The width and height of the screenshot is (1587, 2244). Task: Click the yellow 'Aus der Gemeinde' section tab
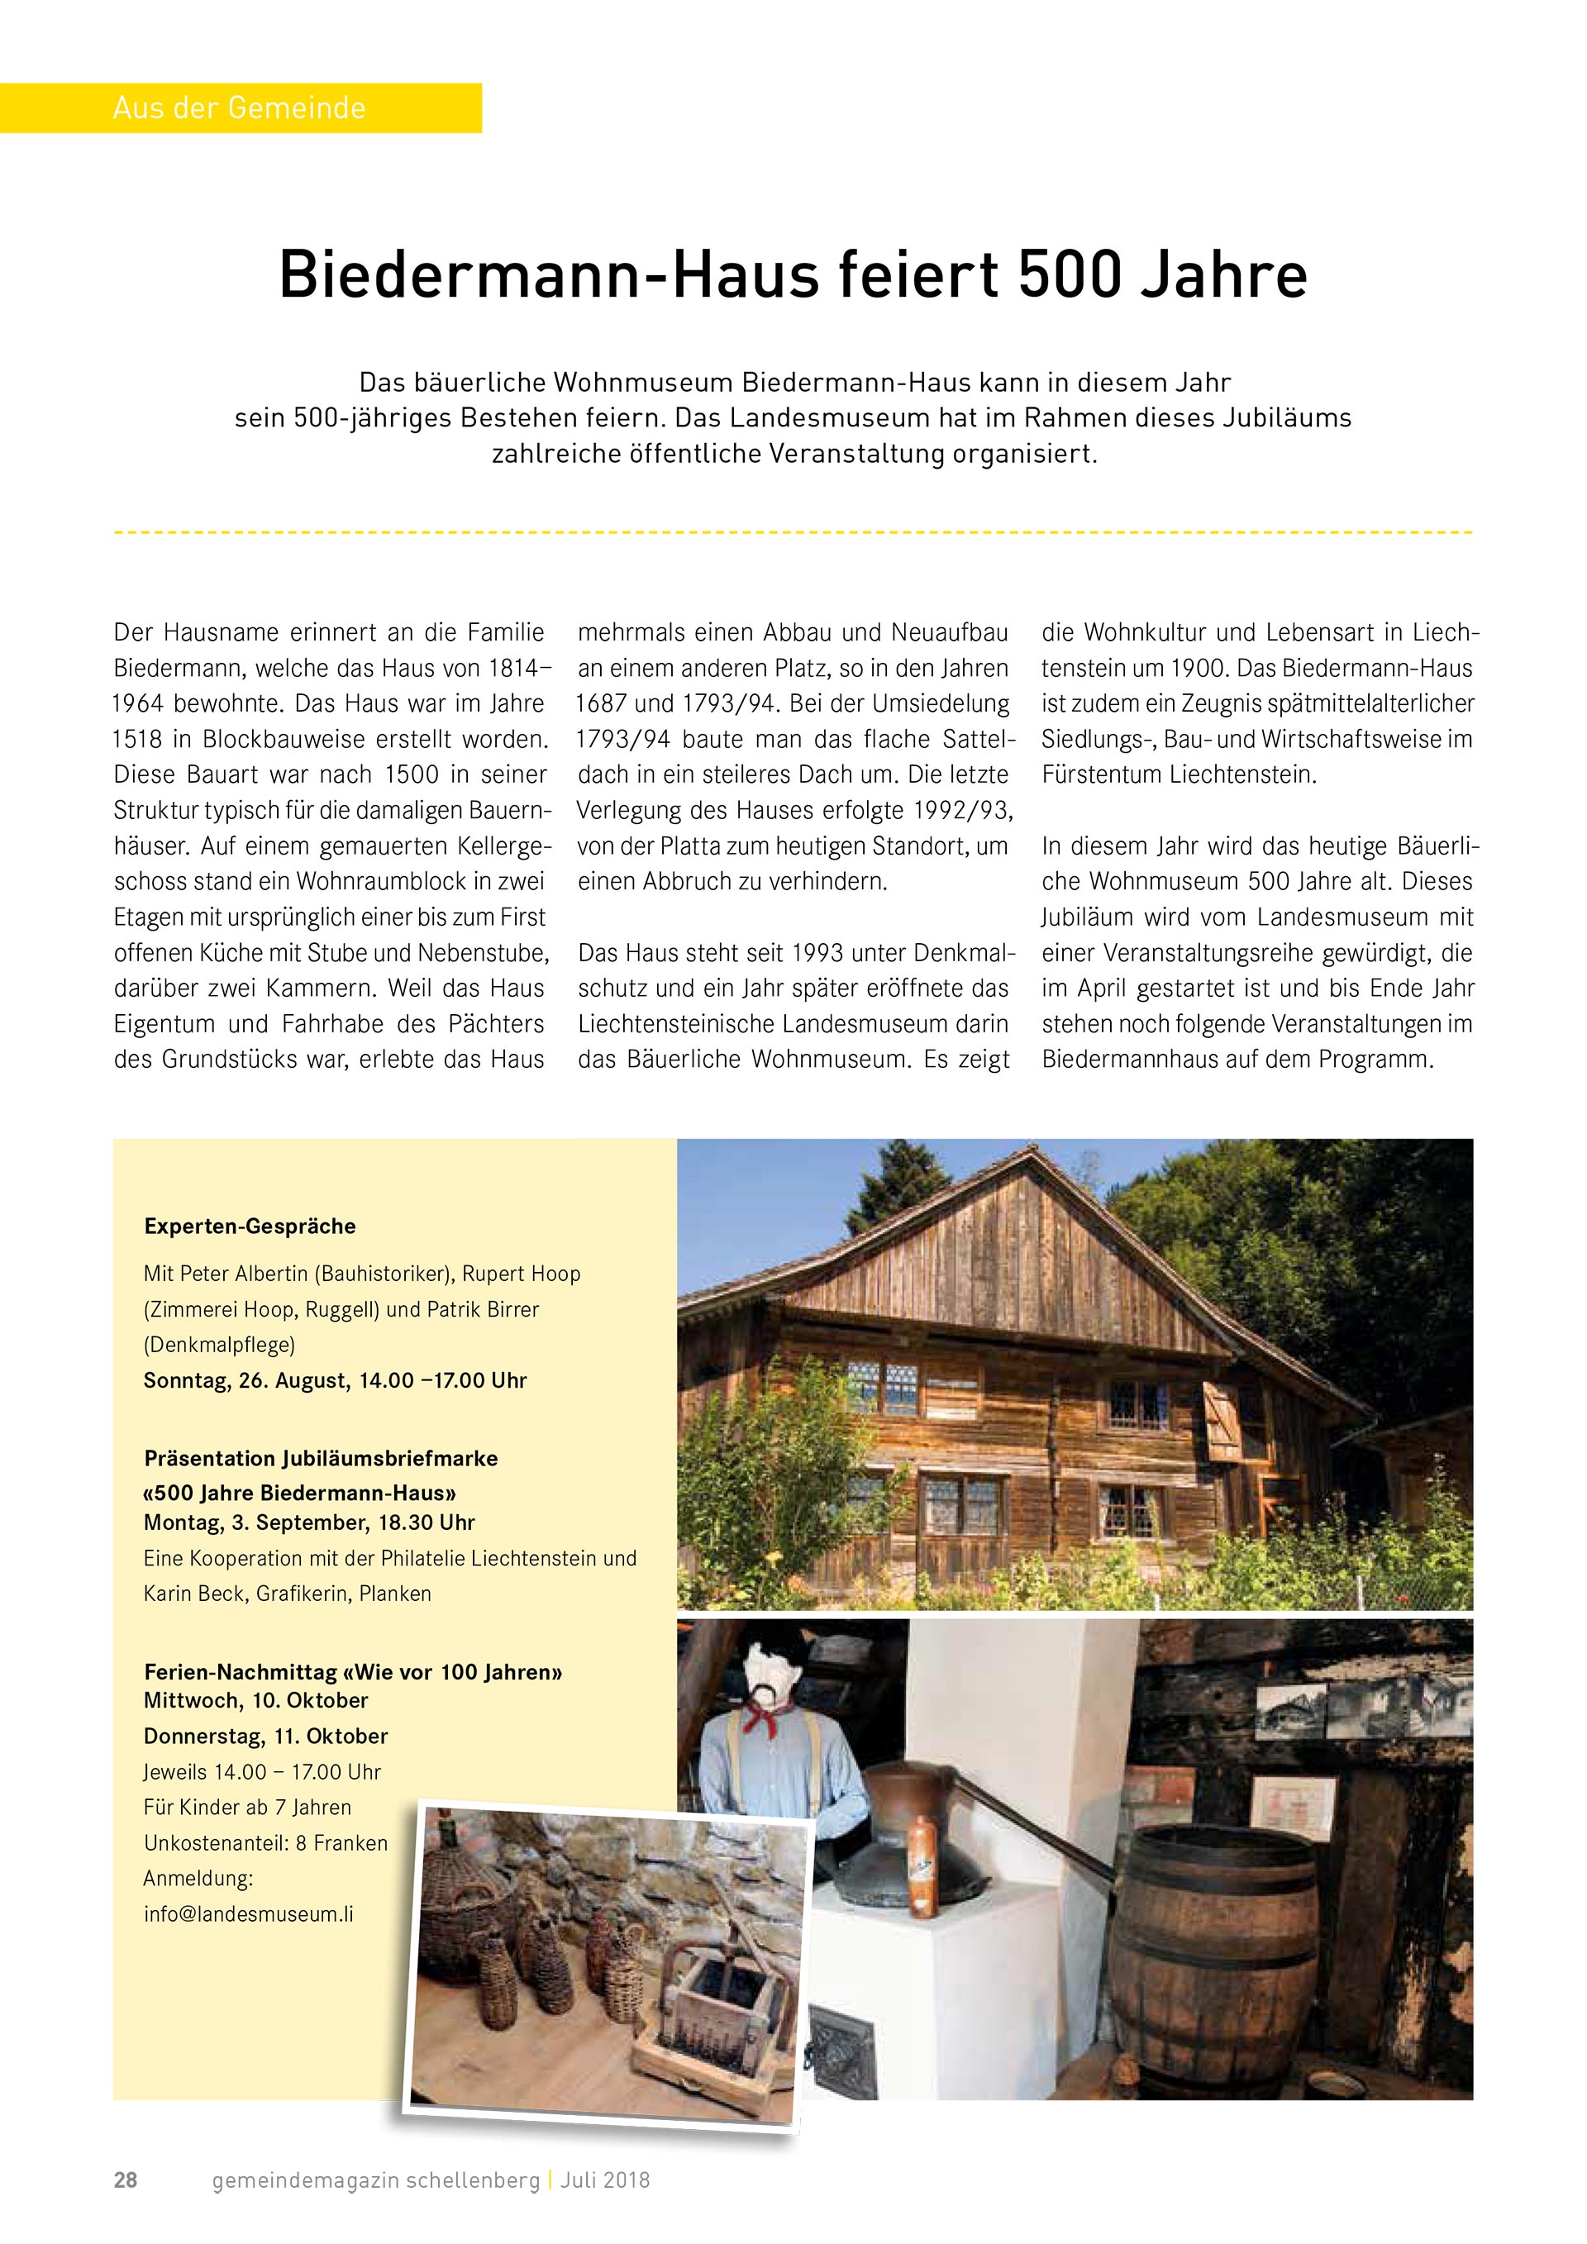click(240, 107)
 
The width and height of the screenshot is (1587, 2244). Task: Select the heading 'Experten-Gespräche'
click(250, 1226)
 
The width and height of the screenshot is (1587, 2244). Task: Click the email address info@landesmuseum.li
click(248, 1913)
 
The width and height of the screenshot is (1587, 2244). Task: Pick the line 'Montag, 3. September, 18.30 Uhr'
click(309, 1522)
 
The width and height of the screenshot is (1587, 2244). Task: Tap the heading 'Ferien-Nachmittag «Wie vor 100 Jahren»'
click(353, 1671)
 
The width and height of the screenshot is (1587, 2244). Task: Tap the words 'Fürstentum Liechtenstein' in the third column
click(1179, 775)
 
